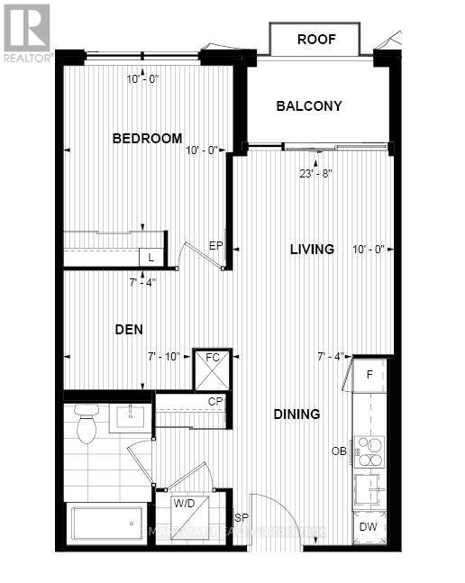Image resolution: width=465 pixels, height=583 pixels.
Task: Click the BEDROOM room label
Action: [147, 139]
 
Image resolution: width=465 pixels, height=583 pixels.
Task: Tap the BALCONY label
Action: [308, 106]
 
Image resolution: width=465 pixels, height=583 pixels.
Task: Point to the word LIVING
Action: [312, 249]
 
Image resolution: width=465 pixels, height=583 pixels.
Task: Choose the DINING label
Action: [297, 414]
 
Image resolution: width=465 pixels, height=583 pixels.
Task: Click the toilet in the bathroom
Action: [87, 423]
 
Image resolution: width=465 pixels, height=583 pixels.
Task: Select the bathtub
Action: [106, 524]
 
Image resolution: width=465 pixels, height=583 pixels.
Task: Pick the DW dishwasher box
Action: [369, 527]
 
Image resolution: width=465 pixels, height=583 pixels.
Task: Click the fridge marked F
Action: [369, 374]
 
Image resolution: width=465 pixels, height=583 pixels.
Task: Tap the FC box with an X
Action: [213, 369]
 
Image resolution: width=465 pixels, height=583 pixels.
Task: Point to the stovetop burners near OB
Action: [369, 448]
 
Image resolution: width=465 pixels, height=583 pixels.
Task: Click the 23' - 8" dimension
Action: [317, 177]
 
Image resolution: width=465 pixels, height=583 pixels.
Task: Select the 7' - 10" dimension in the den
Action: [164, 357]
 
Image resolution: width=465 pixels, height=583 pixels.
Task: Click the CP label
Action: [215, 402]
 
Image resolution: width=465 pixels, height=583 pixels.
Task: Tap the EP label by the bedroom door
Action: [215, 245]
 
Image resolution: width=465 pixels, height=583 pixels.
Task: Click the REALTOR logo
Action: [26, 32]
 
